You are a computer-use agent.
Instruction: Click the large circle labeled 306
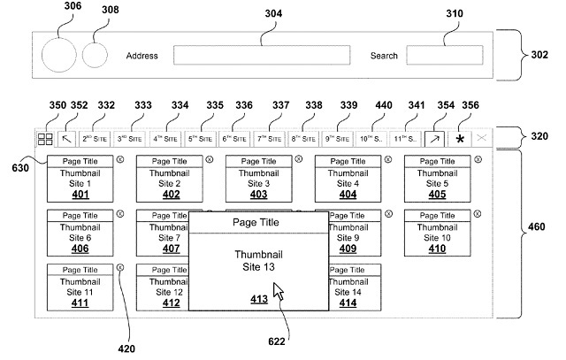coord(59,55)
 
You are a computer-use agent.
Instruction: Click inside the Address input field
coord(261,55)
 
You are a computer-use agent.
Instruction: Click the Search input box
coord(439,55)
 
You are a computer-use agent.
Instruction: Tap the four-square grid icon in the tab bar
coord(45,139)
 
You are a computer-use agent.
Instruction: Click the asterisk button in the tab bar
coord(460,139)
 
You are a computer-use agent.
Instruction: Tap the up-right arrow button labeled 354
coord(433,139)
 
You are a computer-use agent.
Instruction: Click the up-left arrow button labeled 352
coord(68,139)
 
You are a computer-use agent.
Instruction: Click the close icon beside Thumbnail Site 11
coord(120,268)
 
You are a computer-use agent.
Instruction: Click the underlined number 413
coord(258,300)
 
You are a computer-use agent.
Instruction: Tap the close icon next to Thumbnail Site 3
coord(299,160)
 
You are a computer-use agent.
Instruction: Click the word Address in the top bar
coord(141,56)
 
